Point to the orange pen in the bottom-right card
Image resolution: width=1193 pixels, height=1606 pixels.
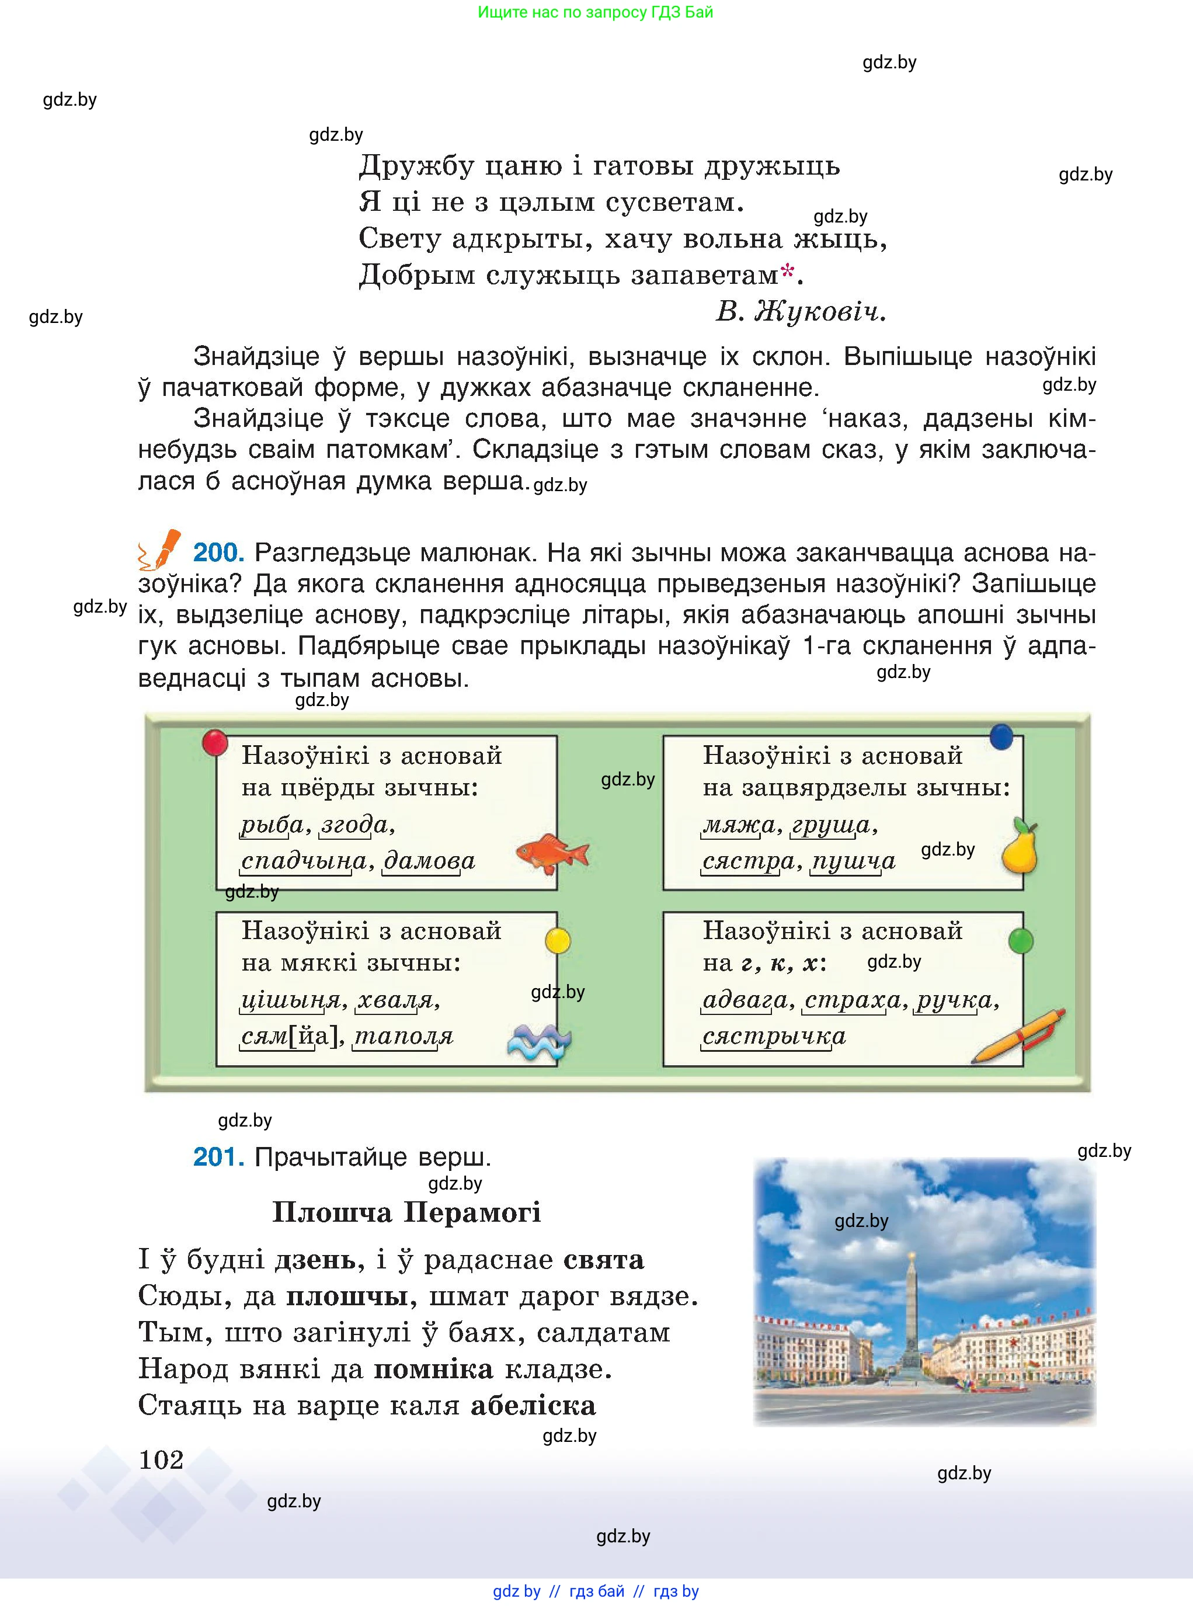click(x=1018, y=1035)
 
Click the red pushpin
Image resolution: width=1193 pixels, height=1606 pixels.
click(x=214, y=742)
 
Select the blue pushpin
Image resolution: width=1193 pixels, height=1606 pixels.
click(x=1001, y=736)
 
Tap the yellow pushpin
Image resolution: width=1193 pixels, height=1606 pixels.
click(x=558, y=940)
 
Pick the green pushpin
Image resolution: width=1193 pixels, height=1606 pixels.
click(x=1020, y=940)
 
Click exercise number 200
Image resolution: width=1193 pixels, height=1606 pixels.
click(x=218, y=552)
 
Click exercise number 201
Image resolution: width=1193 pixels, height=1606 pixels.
click(x=218, y=1157)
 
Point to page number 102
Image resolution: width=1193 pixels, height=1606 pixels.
click(x=161, y=1459)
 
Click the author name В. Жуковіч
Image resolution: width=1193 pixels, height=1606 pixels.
click(x=800, y=312)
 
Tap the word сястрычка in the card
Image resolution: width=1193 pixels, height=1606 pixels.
click(x=773, y=1036)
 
